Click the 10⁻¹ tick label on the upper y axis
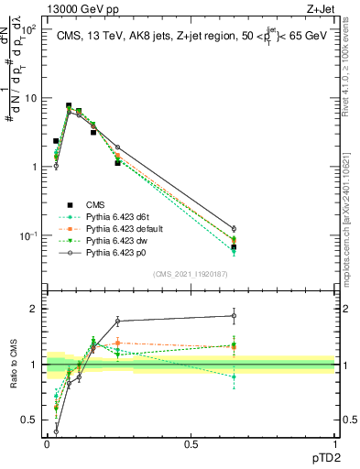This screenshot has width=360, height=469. coord(29,235)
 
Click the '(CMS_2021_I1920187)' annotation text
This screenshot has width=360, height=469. coord(191,273)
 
